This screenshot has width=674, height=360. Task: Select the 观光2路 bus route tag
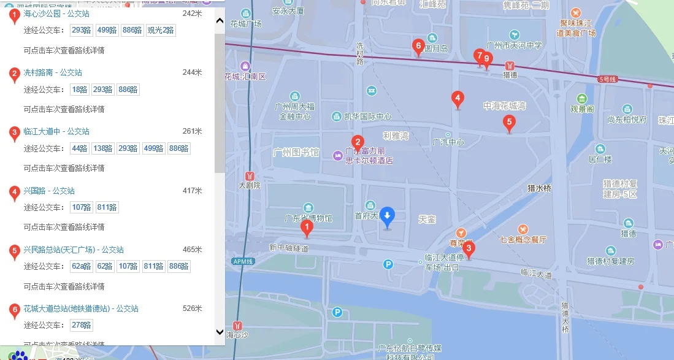pos(161,30)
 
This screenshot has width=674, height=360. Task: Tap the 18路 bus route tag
pos(80,90)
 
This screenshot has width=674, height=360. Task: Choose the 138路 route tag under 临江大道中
pos(103,148)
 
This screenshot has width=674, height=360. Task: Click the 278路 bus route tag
pos(82,325)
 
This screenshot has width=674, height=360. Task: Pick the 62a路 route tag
pos(82,266)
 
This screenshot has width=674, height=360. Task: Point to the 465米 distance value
pos(192,250)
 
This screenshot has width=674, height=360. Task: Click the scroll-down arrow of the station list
pos(220,332)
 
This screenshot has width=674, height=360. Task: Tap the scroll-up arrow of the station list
pos(220,20)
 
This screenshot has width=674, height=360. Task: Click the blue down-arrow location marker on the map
pos(387,215)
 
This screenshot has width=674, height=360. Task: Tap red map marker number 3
pos(469,249)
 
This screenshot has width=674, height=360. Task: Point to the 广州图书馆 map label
pos(296,151)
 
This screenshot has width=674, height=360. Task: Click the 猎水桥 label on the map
pos(540,188)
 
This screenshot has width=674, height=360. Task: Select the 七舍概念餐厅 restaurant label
pos(523,239)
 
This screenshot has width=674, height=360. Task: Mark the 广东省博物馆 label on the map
pos(308,218)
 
